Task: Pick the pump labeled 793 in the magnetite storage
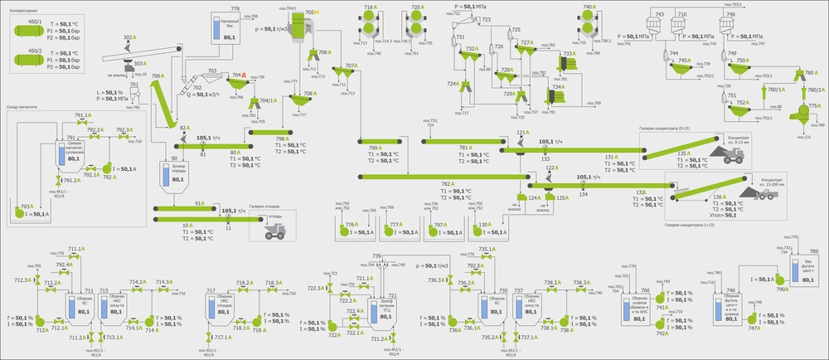[x=20, y=211]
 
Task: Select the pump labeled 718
[x=257, y=320]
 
